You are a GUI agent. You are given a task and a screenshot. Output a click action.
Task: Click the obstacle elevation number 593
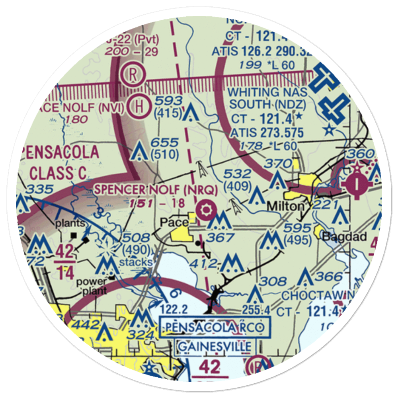click(x=169, y=100)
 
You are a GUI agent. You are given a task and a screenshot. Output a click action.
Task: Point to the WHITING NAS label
click(x=267, y=92)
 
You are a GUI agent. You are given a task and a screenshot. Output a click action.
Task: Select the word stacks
click(x=136, y=262)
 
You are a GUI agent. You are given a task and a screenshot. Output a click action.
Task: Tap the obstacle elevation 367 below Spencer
click(x=221, y=238)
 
